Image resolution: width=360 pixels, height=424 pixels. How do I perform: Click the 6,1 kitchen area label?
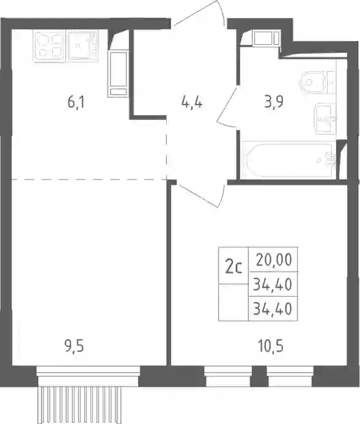76,103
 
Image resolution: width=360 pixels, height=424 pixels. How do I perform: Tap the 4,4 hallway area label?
192,103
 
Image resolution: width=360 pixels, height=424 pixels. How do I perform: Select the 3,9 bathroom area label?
274,102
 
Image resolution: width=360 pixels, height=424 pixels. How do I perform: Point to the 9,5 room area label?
75,347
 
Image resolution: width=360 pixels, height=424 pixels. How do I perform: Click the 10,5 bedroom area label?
271,347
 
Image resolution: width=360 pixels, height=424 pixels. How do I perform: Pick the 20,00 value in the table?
274,260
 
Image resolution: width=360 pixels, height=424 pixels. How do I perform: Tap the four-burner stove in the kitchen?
49,46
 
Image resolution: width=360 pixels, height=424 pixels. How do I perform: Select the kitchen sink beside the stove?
83,45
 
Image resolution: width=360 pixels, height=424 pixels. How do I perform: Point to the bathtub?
289,160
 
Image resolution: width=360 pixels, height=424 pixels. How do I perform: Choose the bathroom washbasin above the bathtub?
325,118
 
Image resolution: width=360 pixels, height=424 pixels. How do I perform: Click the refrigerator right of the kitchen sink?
118,73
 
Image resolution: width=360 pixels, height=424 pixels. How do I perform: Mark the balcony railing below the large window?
80,405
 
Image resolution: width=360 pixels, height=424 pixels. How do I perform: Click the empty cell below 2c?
233,302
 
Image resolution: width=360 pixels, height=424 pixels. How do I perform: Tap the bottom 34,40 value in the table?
273,308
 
